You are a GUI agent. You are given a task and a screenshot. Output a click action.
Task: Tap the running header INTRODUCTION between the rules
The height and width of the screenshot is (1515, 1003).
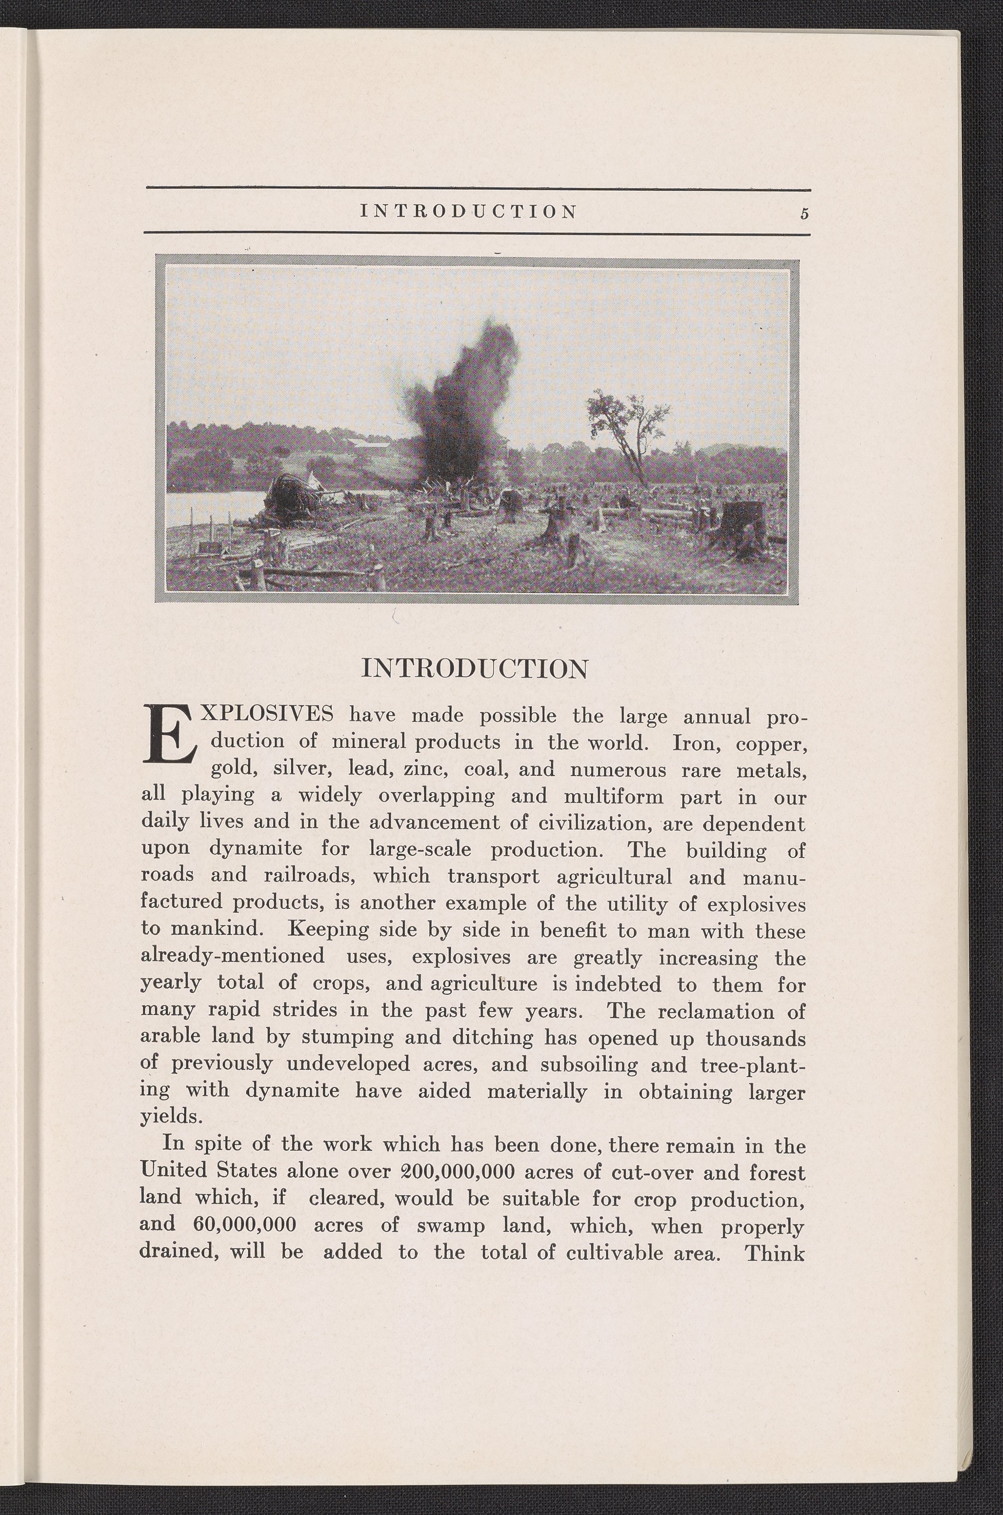pos(469,211)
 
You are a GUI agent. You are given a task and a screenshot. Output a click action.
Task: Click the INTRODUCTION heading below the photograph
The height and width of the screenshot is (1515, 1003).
pos(474,669)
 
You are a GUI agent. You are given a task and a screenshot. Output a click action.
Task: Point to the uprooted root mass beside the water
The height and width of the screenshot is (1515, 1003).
pos(291,496)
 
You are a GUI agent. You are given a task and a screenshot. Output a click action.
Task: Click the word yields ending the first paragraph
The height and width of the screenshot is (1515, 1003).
pos(171,1117)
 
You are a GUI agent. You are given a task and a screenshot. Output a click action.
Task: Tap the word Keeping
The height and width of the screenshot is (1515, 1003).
pos(328,929)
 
